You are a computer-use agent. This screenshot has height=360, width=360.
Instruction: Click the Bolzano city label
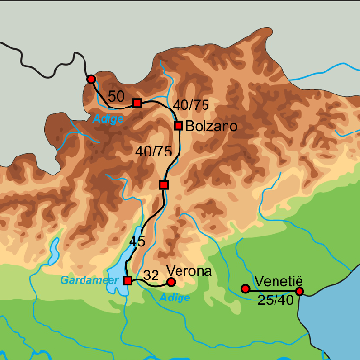(209, 126)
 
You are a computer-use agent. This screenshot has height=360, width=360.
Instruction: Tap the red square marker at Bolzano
(179, 126)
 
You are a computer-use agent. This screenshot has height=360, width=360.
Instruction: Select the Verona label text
(188, 272)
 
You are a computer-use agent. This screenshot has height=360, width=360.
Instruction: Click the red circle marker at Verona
(171, 282)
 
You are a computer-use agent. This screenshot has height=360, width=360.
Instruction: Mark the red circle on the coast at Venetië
(300, 291)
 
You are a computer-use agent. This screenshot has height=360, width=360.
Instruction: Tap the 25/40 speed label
(276, 301)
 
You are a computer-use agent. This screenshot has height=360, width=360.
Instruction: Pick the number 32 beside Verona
(150, 276)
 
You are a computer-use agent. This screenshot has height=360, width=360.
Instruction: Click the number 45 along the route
(136, 241)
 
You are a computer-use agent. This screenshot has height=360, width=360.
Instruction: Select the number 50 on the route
(116, 96)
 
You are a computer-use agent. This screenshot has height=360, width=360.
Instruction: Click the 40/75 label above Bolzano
(191, 104)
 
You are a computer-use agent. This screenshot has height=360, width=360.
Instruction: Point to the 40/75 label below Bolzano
(154, 152)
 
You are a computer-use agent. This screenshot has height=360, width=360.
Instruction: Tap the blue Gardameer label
(88, 280)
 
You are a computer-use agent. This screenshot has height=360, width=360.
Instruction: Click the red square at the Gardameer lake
(127, 280)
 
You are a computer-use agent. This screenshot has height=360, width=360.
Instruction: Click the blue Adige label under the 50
(108, 119)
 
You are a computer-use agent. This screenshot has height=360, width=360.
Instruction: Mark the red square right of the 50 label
(137, 102)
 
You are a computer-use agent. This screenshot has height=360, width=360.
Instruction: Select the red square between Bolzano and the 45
(164, 184)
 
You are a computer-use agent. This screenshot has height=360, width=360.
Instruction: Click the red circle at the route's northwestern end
(90, 79)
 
